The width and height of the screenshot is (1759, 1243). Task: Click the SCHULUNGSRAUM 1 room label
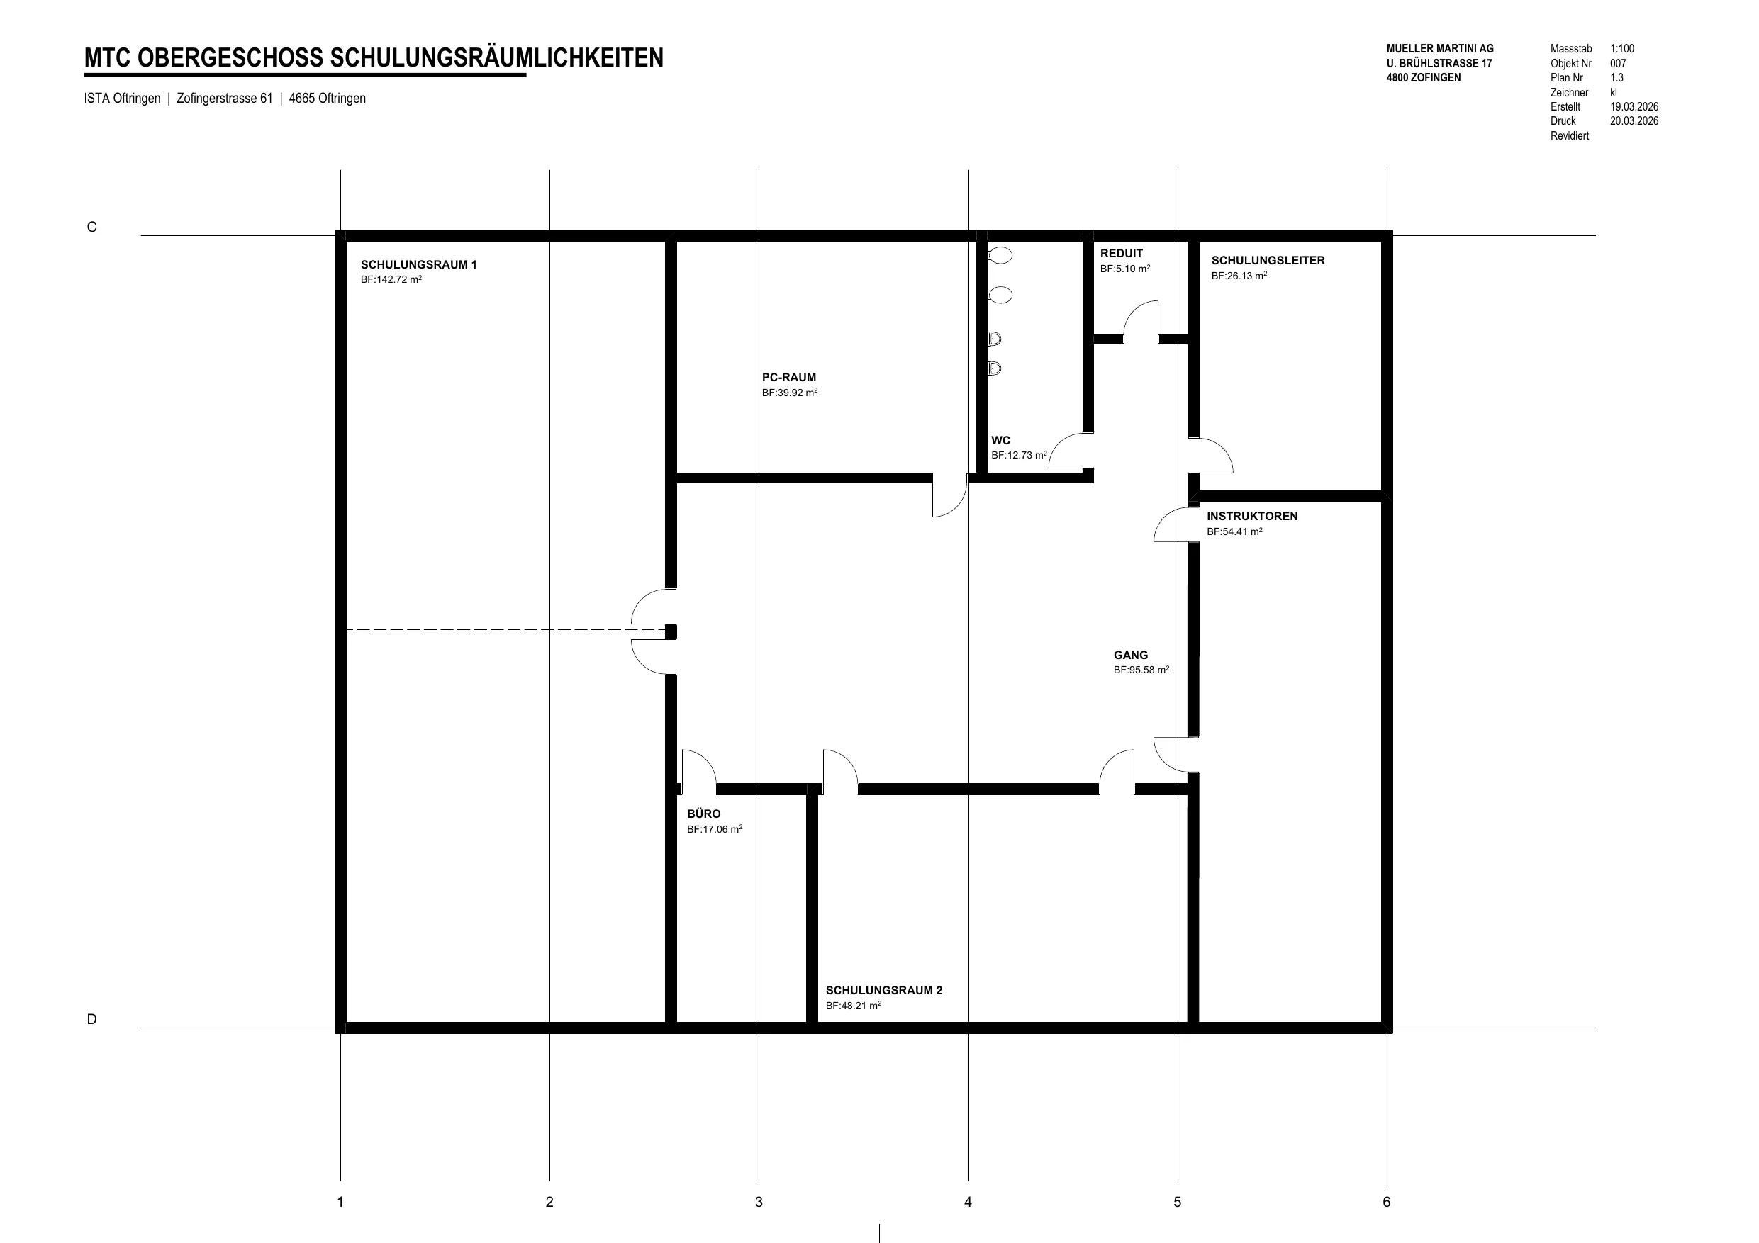(x=418, y=265)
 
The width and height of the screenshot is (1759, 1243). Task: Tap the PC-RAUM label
(x=788, y=378)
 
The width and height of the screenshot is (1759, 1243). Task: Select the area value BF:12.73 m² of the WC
(x=1019, y=455)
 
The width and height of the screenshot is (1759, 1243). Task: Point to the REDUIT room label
(x=1121, y=254)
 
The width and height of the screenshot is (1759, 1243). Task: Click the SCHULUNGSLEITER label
(x=1268, y=260)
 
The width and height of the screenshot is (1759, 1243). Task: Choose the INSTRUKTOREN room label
(x=1252, y=516)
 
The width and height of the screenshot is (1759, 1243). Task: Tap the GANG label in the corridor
(x=1131, y=655)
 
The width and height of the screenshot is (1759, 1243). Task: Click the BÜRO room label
(x=703, y=814)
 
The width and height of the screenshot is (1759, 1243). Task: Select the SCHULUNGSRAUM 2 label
(x=883, y=990)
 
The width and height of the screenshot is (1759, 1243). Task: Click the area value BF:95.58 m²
(x=1141, y=670)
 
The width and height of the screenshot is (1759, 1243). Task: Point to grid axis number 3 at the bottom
(x=759, y=1202)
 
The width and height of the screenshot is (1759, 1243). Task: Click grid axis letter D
(x=92, y=1019)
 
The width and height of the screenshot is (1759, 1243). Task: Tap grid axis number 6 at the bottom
(x=1386, y=1202)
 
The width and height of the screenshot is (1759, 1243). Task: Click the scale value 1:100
(x=1622, y=49)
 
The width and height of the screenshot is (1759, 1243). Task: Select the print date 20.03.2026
(x=1634, y=121)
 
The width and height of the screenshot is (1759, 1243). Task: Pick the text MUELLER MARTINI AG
(x=1439, y=49)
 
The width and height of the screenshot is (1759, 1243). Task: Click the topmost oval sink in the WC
(x=1000, y=256)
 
